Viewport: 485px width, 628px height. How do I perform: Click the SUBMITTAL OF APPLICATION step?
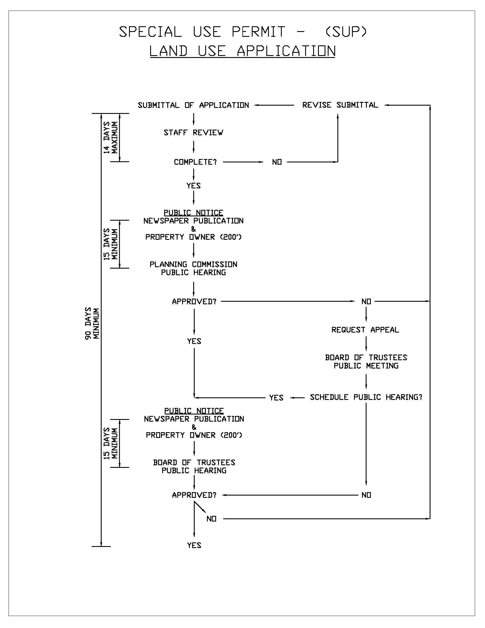point(193,105)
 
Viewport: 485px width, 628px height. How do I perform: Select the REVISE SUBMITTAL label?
point(340,105)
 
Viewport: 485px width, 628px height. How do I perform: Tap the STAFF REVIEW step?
point(193,132)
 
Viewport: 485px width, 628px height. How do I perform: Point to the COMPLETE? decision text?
point(195,162)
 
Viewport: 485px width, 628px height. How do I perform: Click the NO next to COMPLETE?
point(277,162)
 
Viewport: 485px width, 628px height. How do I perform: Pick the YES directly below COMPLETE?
point(194,186)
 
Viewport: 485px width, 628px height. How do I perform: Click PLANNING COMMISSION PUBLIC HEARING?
point(194,268)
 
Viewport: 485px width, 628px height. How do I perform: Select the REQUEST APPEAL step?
point(365,330)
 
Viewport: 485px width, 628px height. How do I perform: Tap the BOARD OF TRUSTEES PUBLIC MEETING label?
point(366,361)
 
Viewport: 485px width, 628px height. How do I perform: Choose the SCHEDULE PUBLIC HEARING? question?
point(366,397)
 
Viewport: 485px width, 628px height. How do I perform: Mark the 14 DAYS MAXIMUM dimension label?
point(111,138)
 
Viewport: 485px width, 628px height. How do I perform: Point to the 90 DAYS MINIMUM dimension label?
point(92,323)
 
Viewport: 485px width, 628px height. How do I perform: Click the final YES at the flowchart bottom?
point(194,545)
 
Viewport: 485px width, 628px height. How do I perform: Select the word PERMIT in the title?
point(258,32)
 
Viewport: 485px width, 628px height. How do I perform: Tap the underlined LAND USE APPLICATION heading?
point(242,51)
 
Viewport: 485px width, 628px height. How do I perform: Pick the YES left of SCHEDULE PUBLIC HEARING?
point(276,398)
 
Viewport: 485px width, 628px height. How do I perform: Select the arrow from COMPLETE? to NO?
point(243,162)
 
